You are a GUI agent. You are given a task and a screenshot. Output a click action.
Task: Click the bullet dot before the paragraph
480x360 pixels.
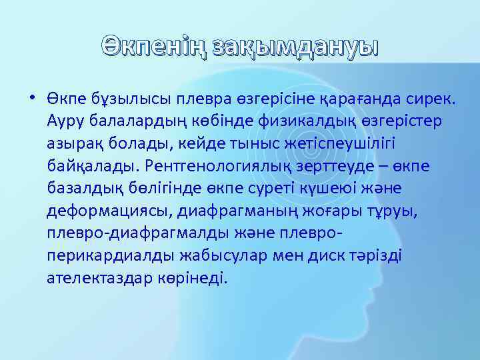click(x=32, y=99)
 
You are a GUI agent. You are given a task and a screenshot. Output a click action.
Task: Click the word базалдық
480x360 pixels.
click(x=82, y=188)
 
